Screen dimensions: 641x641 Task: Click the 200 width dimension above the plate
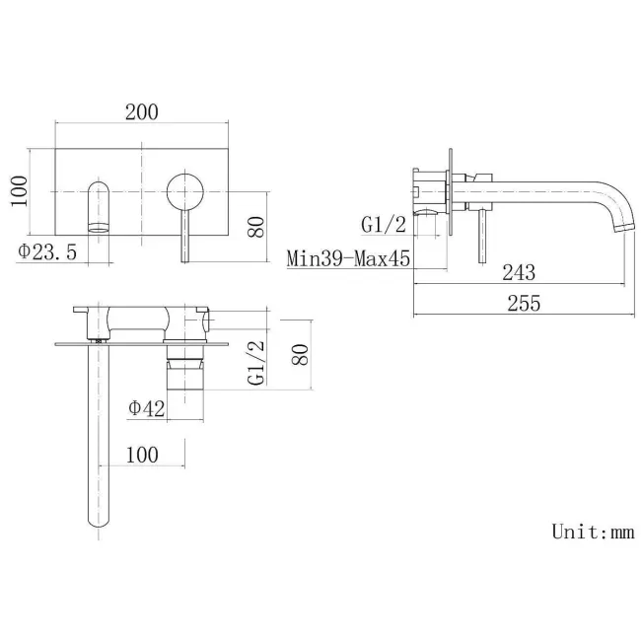pos(142,111)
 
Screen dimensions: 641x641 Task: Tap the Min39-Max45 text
pos(348,259)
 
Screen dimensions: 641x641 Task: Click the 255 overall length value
pos(524,304)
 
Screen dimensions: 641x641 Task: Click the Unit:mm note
pos(592,532)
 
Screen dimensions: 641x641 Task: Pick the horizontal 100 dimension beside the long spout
pos(143,455)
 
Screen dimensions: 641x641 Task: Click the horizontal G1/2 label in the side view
pos(384,225)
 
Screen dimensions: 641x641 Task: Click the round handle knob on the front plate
pos(184,189)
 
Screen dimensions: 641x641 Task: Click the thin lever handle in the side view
pos(482,237)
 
